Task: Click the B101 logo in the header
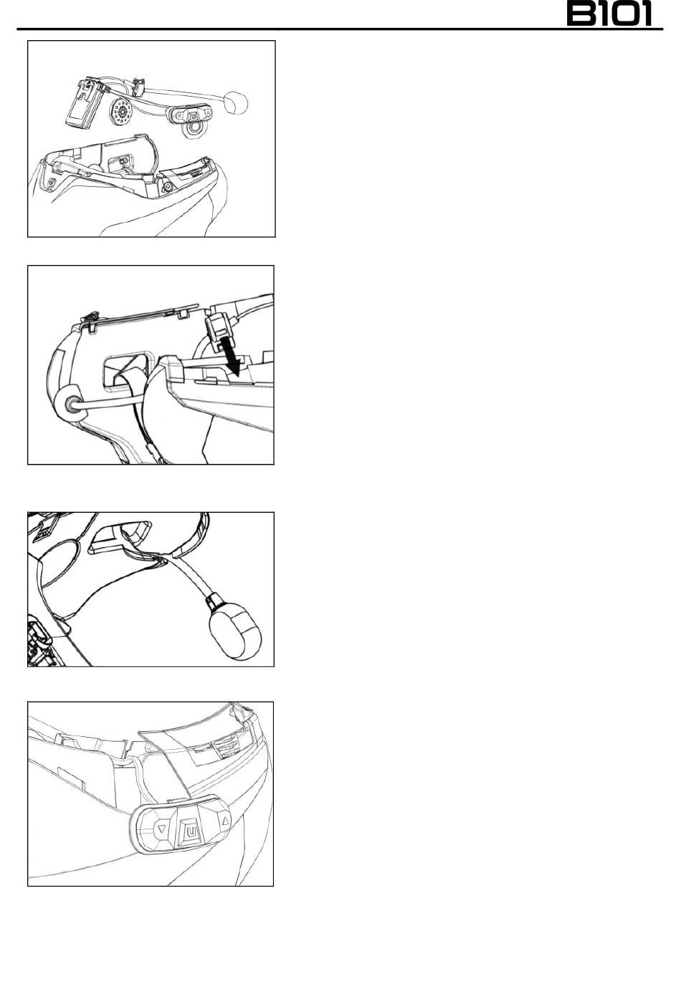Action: [x=609, y=14]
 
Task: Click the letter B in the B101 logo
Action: [x=581, y=14]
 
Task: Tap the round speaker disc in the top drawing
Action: [x=121, y=112]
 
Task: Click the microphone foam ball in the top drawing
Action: [x=236, y=103]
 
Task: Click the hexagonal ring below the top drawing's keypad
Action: [x=193, y=130]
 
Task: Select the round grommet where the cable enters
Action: [x=70, y=402]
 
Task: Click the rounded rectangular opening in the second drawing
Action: [x=128, y=368]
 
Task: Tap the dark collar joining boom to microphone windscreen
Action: [x=214, y=599]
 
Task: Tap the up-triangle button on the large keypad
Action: [x=225, y=820]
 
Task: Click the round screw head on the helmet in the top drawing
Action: [x=167, y=188]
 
